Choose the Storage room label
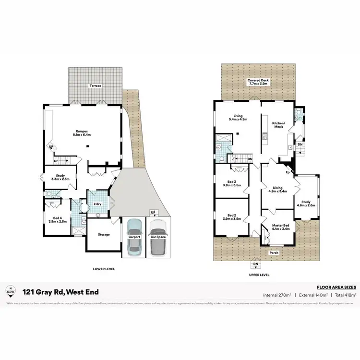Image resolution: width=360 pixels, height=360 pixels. click(x=104, y=234)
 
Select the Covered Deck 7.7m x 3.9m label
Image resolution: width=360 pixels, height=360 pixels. click(x=257, y=82)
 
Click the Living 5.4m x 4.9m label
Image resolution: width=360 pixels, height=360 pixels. click(x=238, y=118)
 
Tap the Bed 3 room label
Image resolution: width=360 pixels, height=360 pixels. click(x=232, y=183)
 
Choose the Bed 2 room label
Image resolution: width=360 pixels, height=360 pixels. click(x=232, y=217)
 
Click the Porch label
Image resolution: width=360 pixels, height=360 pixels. click(x=274, y=252)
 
